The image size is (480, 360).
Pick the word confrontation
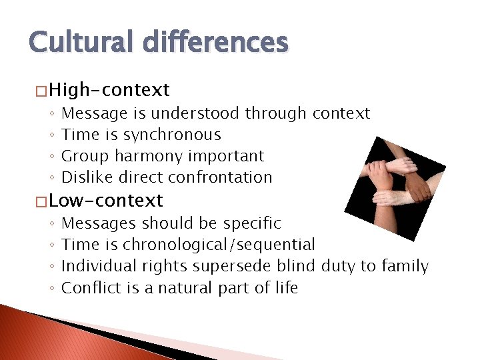tap(220, 177)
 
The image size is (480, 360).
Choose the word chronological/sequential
tap(219, 245)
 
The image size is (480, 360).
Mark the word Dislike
tap(84, 177)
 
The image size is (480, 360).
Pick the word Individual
tap(99, 266)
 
